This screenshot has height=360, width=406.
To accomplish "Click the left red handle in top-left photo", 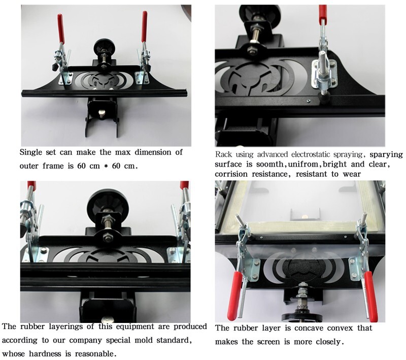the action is tap(60, 28).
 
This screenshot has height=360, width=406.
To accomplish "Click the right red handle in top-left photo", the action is tap(144, 26).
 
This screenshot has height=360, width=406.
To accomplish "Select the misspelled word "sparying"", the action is tap(386, 155).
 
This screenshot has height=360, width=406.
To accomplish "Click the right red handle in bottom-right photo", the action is tap(370, 296).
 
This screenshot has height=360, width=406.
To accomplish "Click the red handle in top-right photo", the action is tap(323, 12).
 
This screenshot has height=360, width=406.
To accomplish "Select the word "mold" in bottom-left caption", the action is tap(143, 340).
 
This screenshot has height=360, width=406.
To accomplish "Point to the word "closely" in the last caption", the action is tap(329, 342).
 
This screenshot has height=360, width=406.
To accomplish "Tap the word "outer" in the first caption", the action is tap(28, 166).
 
